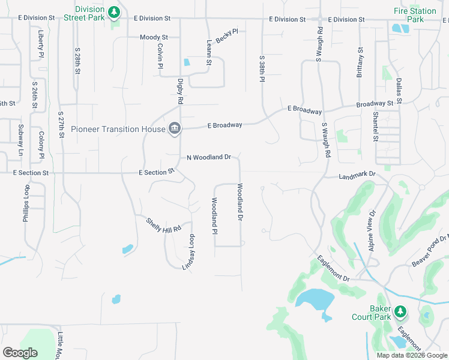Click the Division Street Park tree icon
pos(114,13)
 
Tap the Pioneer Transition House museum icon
pos(175,128)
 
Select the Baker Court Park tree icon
pos(400,311)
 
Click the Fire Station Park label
pos(415,16)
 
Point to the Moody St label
pos(154,37)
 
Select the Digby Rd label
pos(179,91)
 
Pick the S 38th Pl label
pos(262,70)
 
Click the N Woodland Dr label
pos(208,157)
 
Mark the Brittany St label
pos(360,63)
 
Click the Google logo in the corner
pos(20,353)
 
